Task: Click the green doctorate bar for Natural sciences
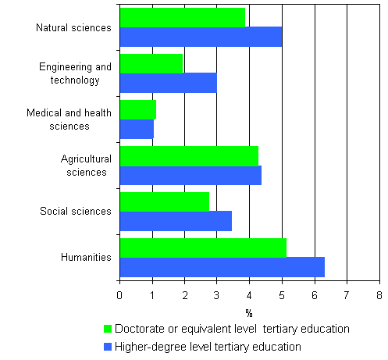(x=182, y=18)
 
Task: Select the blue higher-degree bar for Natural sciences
(x=201, y=37)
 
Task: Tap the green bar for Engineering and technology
(x=151, y=64)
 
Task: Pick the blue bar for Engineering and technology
(x=168, y=83)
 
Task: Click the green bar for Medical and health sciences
(x=138, y=110)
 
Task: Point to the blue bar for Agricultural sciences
(x=190, y=175)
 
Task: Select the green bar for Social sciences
(x=164, y=201)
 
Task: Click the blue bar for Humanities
(x=222, y=266)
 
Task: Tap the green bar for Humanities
(x=203, y=248)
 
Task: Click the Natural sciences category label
(x=73, y=28)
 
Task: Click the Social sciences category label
(x=76, y=211)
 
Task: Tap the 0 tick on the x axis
(x=119, y=295)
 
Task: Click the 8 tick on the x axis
(x=379, y=295)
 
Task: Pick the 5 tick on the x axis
(x=282, y=295)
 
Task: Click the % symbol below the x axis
(x=248, y=312)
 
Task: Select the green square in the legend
(x=109, y=329)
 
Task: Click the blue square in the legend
(x=109, y=346)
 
